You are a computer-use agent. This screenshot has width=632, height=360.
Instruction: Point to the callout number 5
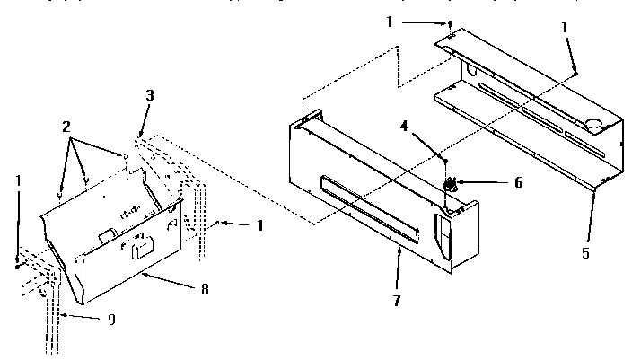coord(586,253)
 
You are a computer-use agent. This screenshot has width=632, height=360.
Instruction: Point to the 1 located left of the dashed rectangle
coord(259,224)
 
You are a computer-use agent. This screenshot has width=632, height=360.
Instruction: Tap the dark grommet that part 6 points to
coord(450,185)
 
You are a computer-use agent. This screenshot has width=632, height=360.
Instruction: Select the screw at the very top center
coord(445,24)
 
